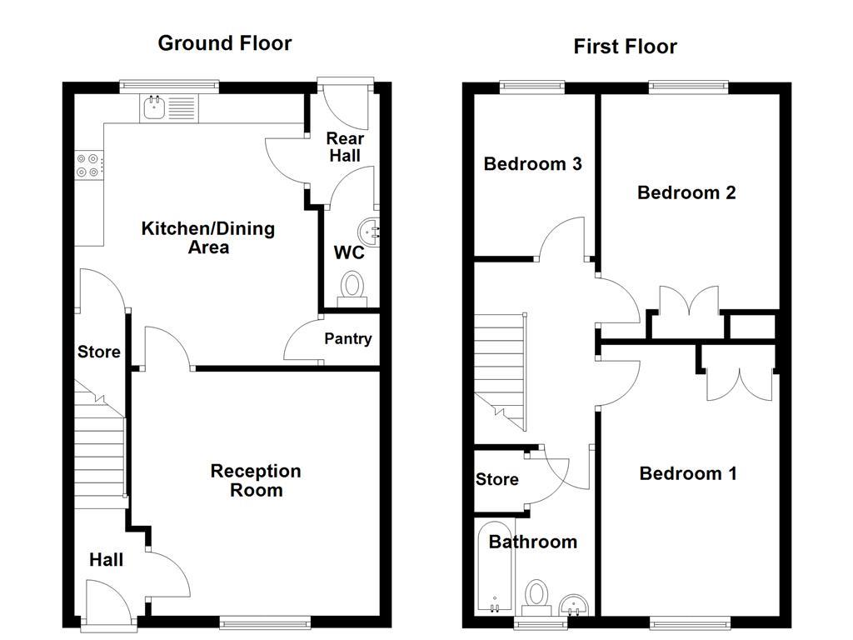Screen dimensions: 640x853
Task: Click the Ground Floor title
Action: tap(225, 43)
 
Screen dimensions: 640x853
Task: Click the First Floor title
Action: tap(625, 47)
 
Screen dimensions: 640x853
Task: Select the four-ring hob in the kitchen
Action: tap(90, 166)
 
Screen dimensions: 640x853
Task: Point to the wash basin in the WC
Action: tap(369, 228)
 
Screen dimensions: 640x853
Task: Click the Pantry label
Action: tap(347, 339)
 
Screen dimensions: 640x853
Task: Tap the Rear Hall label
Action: tap(344, 147)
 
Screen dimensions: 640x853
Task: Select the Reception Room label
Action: tap(256, 481)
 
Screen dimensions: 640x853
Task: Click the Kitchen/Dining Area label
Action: tap(207, 237)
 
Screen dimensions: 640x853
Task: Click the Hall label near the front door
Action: tap(106, 560)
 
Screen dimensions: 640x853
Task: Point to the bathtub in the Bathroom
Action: tap(495, 570)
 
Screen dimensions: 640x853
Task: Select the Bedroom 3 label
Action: tap(532, 164)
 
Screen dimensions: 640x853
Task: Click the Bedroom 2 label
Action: tap(686, 192)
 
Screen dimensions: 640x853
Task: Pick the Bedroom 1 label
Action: tap(688, 473)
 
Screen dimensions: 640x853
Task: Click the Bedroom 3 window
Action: tap(531, 86)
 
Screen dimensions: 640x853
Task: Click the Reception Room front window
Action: tap(265, 621)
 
